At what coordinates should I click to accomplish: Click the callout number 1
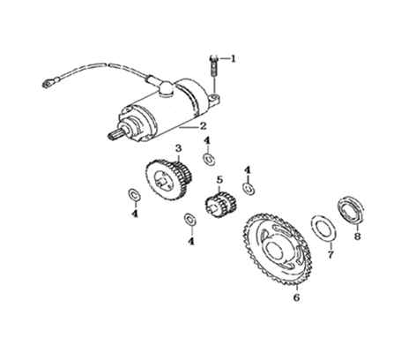click(233, 59)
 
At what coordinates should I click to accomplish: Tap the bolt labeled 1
click(213, 66)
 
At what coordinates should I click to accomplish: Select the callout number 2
click(203, 126)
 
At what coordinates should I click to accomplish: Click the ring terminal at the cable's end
click(46, 84)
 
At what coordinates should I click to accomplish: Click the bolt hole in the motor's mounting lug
click(215, 96)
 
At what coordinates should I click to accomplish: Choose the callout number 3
click(179, 148)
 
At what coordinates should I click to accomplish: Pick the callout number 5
click(220, 179)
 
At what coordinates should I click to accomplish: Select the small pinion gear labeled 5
click(221, 205)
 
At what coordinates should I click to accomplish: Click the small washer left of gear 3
click(134, 195)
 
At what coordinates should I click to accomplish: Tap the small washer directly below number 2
click(209, 159)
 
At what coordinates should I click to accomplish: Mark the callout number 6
click(296, 297)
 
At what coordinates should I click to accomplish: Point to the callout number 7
click(331, 255)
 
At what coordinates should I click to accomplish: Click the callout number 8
click(357, 236)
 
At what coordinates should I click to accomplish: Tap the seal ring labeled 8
click(350, 210)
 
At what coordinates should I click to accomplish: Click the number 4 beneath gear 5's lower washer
click(191, 242)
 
